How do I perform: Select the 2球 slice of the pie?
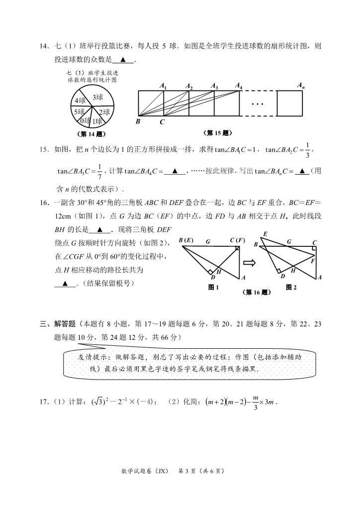103,112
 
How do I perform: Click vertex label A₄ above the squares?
239,86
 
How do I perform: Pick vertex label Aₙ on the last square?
301,86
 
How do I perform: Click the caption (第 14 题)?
92,133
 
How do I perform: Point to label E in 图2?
265,234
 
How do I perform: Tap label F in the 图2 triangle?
312,260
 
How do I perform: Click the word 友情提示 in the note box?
90,357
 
